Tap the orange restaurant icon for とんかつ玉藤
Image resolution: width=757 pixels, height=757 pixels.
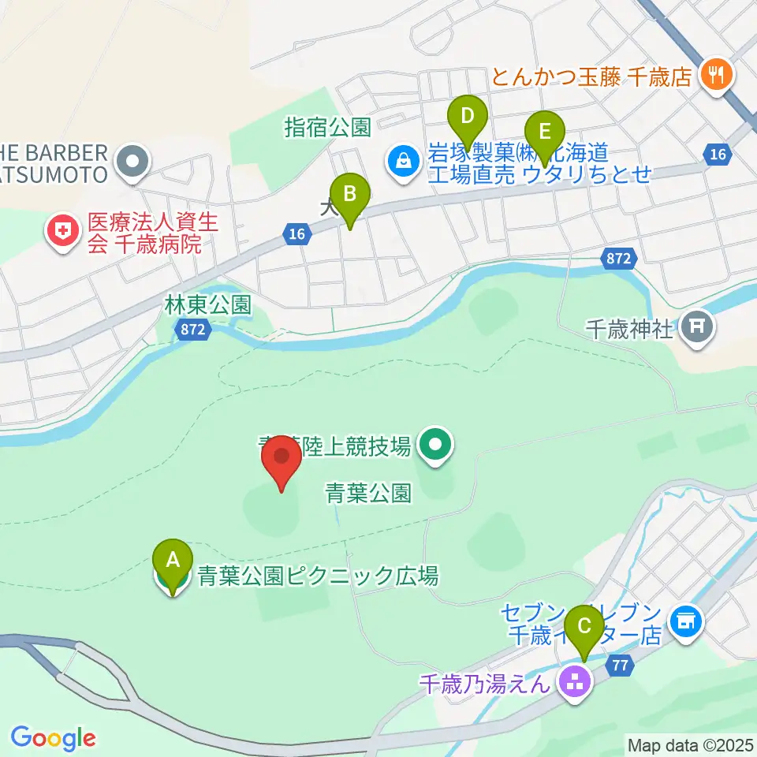pyautogui.click(x=718, y=76)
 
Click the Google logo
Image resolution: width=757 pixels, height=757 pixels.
pyautogui.click(x=54, y=738)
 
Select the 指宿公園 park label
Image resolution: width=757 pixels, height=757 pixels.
pyautogui.click(x=328, y=126)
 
